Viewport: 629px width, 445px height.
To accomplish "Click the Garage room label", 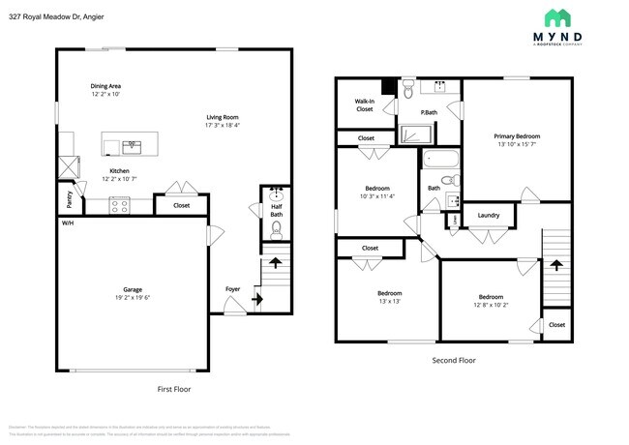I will click(x=133, y=288).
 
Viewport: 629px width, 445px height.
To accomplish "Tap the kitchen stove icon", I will click(x=119, y=204).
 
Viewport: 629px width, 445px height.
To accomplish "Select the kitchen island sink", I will click(x=131, y=147).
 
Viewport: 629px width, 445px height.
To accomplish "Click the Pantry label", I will click(x=69, y=200).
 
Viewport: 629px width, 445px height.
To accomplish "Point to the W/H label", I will click(x=68, y=222).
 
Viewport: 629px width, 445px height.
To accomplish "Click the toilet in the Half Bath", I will click(x=276, y=228).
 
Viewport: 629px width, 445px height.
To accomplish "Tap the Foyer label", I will click(x=232, y=288).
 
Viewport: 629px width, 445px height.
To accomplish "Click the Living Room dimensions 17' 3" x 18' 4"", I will click(x=222, y=125).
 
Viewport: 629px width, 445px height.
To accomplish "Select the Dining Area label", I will click(x=105, y=85).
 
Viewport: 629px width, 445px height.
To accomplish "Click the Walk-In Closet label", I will click(x=364, y=104).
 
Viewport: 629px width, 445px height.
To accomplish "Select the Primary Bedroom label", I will click(x=518, y=136).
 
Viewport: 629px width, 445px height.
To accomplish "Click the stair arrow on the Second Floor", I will click(x=555, y=262).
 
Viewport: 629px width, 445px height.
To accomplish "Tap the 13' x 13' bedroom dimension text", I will click(x=389, y=302).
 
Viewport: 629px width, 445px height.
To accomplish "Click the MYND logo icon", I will click(x=556, y=18).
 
